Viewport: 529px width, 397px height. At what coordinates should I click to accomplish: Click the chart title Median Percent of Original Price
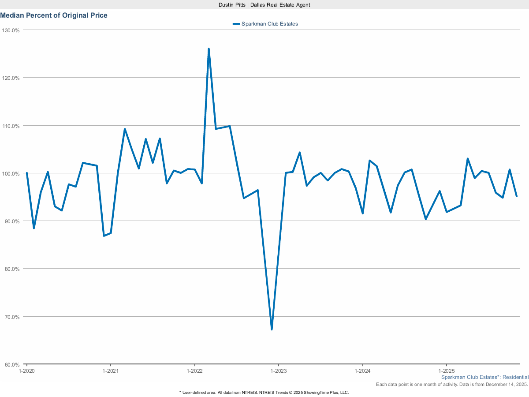click(54, 15)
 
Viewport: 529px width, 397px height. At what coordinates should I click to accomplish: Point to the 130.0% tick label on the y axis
click(11, 30)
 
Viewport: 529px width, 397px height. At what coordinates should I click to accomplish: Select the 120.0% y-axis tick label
click(11, 78)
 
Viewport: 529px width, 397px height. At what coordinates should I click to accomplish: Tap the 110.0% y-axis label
click(11, 126)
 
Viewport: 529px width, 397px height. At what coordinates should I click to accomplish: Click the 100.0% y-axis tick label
click(11, 173)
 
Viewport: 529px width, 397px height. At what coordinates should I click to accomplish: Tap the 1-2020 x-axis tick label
click(26, 371)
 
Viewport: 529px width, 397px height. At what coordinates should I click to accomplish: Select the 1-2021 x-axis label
click(110, 371)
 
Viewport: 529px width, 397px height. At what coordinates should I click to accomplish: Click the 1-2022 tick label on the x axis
click(194, 371)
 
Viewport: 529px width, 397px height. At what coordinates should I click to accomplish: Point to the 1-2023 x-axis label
click(278, 371)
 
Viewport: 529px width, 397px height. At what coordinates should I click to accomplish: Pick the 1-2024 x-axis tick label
click(362, 371)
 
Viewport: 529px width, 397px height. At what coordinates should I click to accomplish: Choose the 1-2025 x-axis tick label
click(446, 371)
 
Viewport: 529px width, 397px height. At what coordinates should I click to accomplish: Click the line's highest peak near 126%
click(209, 49)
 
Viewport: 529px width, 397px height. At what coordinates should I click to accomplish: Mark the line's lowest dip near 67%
click(272, 329)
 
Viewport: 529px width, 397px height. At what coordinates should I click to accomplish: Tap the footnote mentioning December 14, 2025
click(452, 385)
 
